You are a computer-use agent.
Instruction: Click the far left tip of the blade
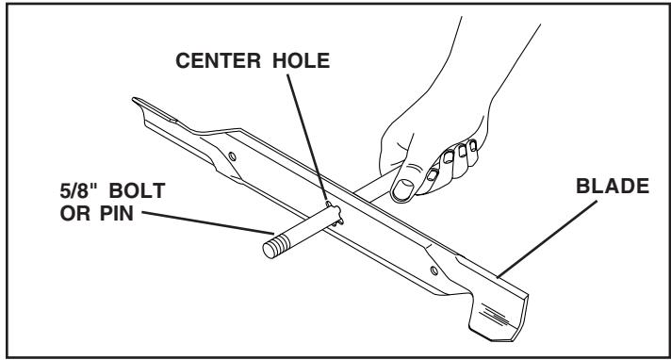(x=138, y=98)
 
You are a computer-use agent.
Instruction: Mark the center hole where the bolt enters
(x=329, y=206)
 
